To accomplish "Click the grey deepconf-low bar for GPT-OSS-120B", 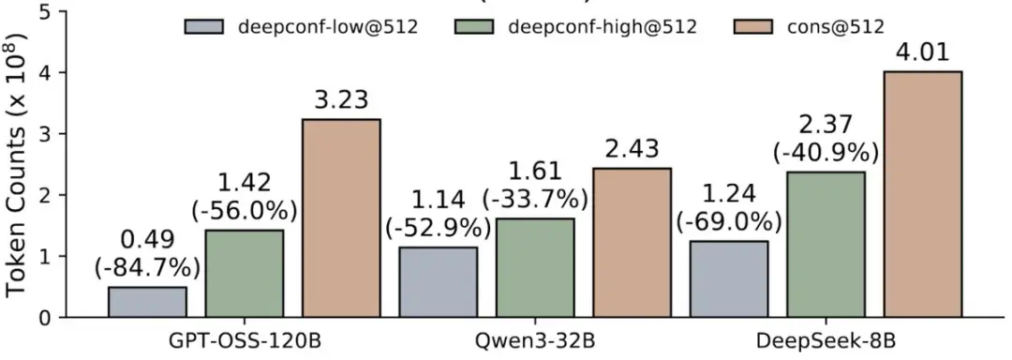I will click(147, 302).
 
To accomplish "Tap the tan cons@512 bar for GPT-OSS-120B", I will click(341, 217).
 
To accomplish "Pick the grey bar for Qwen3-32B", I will click(438, 281).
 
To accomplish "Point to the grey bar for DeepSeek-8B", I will click(729, 278).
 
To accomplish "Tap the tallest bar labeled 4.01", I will click(923, 194).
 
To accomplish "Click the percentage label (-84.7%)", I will click(147, 266).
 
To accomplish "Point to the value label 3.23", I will click(341, 98).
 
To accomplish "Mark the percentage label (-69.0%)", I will click(729, 221).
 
